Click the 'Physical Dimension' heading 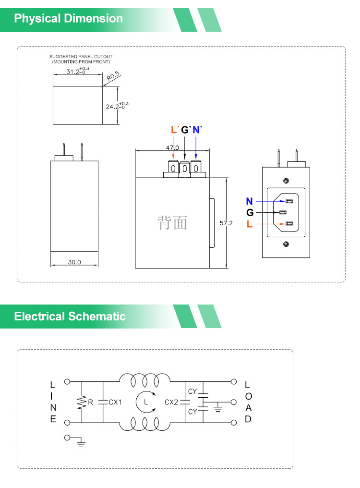[x=69, y=19]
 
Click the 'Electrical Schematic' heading [x=70, y=317]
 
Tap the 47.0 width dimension [x=172, y=147]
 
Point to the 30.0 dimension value [x=74, y=262]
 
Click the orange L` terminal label [x=174, y=130]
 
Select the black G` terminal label [x=186, y=130]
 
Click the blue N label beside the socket [x=249, y=201]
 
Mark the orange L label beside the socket [x=249, y=224]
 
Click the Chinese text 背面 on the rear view [x=172, y=223]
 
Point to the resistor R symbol [x=82, y=402]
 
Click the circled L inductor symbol [x=146, y=402]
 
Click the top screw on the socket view [x=286, y=181]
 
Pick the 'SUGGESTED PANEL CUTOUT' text [x=81, y=57]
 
